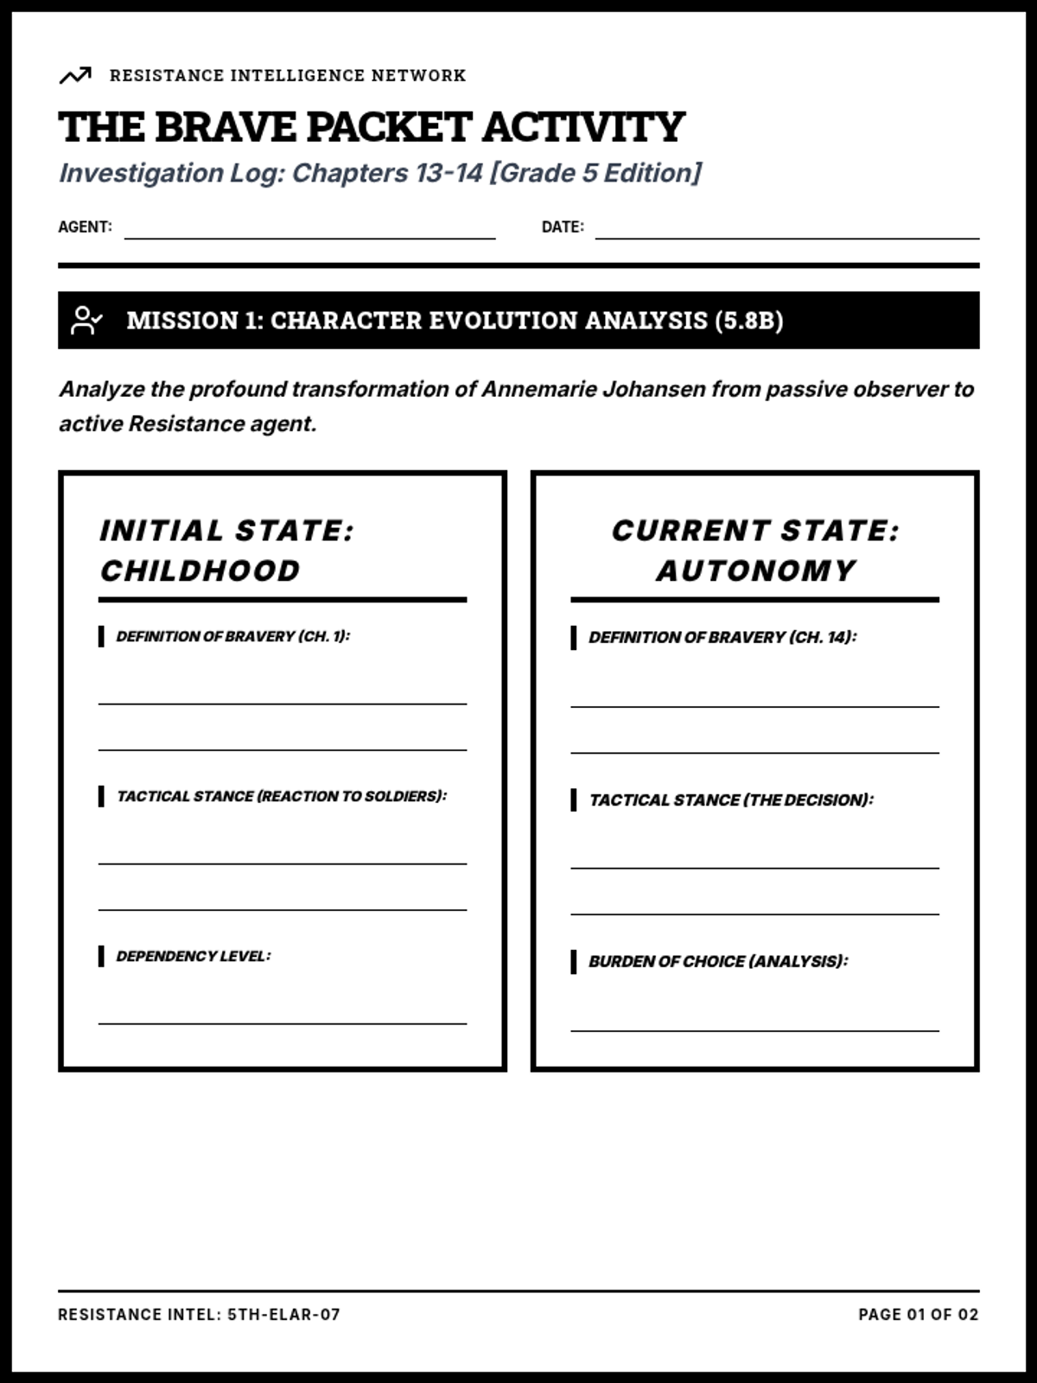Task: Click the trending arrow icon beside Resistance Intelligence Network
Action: click(75, 76)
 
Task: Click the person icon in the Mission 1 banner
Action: click(86, 321)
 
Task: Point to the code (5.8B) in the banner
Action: click(748, 321)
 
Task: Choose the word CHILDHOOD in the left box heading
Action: click(200, 570)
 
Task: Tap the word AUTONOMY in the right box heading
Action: click(755, 570)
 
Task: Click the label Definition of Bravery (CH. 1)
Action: click(232, 636)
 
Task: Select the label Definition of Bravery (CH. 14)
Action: click(722, 638)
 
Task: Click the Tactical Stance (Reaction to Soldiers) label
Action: click(282, 796)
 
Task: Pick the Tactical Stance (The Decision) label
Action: click(731, 800)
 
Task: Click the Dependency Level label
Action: click(193, 956)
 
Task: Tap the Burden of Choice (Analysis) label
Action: click(718, 961)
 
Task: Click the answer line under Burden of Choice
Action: click(754, 1029)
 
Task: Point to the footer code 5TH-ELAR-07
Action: click(283, 1315)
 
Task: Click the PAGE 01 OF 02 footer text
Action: click(918, 1315)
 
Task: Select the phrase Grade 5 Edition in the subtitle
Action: click(595, 173)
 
